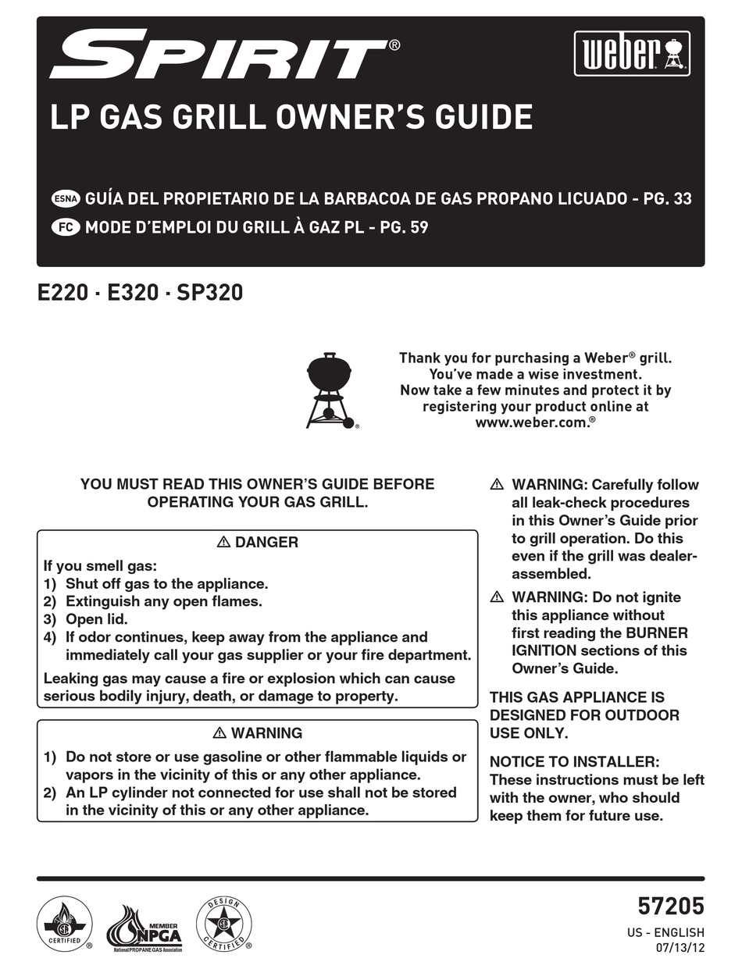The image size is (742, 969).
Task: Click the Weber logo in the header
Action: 632,54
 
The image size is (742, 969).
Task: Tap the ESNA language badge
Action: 65,198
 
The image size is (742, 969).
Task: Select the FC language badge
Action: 65,228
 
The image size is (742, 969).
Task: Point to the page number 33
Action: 681,198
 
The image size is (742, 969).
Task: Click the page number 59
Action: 418,228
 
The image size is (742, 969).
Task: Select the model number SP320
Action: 210,293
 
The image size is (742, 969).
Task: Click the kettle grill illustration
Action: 330,390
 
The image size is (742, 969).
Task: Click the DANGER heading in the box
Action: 266,542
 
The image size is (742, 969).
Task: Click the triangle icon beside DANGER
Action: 223,542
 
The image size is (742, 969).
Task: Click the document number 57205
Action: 670,906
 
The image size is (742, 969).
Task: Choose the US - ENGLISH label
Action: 665,932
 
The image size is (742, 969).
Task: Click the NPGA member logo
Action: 144,928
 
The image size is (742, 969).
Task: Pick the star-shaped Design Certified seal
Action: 223,924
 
